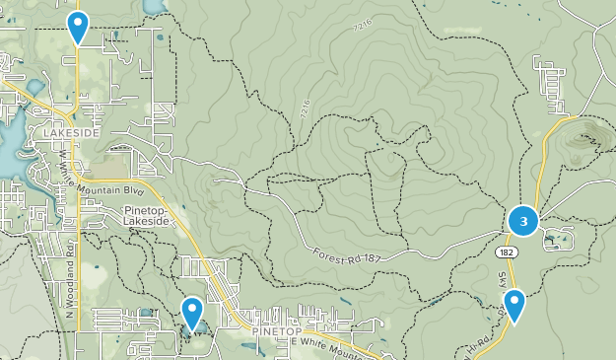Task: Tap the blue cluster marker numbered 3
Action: pyautogui.click(x=523, y=221)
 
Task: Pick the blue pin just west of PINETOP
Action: pyautogui.click(x=192, y=313)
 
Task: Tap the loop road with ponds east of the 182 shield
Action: pyautogui.click(x=557, y=238)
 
